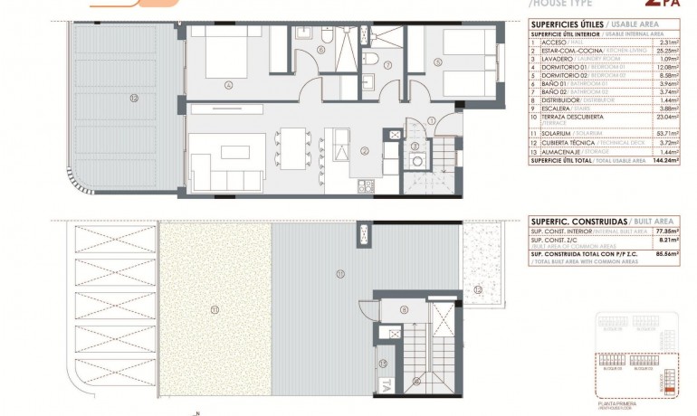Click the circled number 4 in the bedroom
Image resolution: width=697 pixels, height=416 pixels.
click(x=229, y=86)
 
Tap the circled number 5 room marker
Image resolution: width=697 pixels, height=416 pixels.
click(x=436, y=62)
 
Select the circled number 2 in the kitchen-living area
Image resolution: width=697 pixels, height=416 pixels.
click(x=364, y=151)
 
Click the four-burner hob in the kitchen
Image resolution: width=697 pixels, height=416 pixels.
click(x=366, y=186)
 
